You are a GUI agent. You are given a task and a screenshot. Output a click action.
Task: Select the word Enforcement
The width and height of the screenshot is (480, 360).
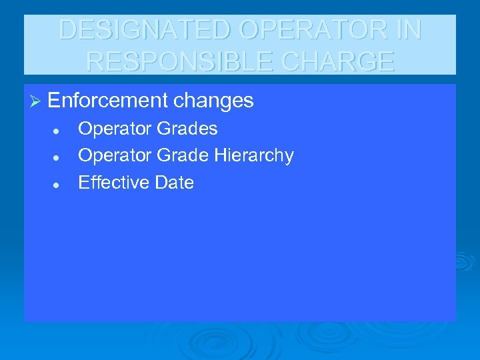point(107,101)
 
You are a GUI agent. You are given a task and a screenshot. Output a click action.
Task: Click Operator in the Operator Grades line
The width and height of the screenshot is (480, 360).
point(115,129)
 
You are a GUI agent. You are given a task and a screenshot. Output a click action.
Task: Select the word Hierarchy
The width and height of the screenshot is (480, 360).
point(253,155)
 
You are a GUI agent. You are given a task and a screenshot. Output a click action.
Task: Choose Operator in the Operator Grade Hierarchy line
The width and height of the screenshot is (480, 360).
point(115,155)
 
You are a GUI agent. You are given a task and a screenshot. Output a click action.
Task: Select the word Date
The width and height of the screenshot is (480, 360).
point(174,183)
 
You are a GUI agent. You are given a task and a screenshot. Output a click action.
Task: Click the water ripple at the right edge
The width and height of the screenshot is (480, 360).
point(463,261)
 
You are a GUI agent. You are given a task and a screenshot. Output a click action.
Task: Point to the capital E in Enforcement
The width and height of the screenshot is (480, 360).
point(54,101)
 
